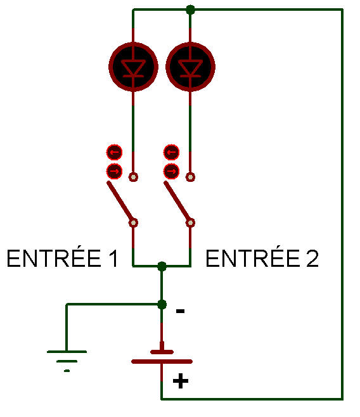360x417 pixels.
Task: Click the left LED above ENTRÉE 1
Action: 133,67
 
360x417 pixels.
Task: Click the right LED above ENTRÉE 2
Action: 190,67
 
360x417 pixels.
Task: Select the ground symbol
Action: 67,361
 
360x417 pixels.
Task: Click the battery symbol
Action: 162,357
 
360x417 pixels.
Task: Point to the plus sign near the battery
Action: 181,381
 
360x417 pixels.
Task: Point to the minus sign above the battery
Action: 180,311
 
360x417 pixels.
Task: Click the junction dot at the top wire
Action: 190,10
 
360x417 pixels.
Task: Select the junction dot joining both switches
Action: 162,266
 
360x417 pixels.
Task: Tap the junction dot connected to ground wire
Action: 162,304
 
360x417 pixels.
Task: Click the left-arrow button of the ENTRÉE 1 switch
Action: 114,152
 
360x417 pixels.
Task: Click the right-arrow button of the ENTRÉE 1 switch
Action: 114,171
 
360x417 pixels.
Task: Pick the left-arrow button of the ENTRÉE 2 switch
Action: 172,152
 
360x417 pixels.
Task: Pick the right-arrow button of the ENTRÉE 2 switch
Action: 172,171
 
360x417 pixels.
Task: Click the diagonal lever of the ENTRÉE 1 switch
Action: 120,202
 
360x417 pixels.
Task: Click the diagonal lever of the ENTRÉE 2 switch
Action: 177,202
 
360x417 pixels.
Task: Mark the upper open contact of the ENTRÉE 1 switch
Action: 133,177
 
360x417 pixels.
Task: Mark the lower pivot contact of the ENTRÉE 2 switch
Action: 190,222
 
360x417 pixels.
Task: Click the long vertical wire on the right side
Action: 342,204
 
